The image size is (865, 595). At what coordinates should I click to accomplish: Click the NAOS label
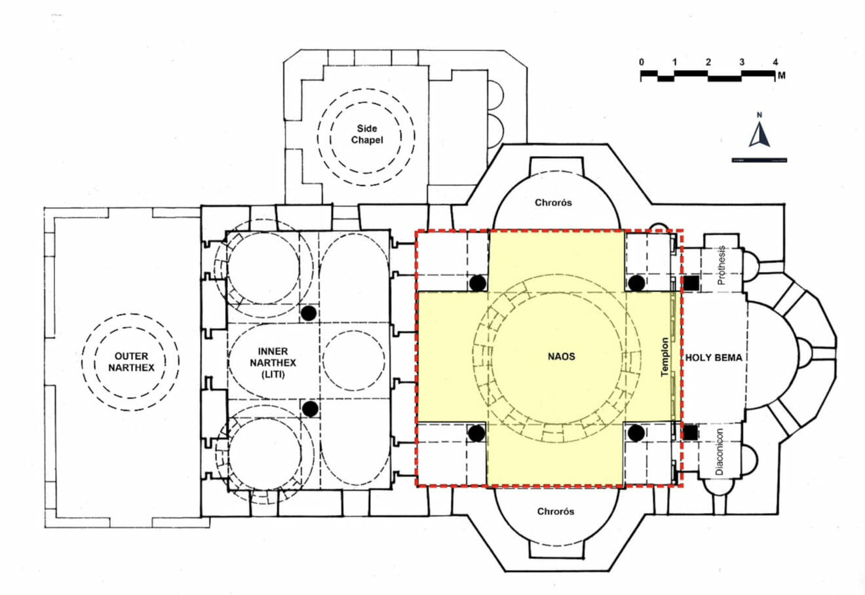[x=561, y=356]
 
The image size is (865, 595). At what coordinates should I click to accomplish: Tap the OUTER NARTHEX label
[x=131, y=362]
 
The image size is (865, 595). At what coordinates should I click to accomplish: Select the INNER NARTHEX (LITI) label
[x=273, y=362]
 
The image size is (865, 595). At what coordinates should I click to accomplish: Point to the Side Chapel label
[x=366, y=134]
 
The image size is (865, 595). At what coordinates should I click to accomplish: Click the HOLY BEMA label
[x=714, y=358]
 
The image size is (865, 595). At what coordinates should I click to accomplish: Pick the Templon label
[x=664, y=357]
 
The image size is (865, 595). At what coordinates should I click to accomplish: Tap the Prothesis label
[x=721, y=265]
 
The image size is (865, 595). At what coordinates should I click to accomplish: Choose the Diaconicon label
[x=719, y=451]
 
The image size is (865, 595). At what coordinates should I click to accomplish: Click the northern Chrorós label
[x=553, y=202]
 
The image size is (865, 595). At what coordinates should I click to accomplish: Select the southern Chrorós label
[x=555, y=511]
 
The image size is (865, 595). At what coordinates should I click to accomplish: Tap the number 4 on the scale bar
[x=775, y=62]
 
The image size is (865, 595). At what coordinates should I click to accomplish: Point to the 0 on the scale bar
[x=642, y=62]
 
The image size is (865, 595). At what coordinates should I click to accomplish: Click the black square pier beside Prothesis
[x=691, y=283]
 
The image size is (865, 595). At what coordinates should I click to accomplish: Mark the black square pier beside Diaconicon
[x=691, y=432]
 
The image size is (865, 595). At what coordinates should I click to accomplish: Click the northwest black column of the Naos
[x=478, y=283]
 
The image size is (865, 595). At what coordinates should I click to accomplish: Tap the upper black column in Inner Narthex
[x=309, y=313]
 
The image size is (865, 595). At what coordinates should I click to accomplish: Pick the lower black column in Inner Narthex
[x=310, y=408]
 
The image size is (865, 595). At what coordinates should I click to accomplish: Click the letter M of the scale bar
[x=782, y=75]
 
